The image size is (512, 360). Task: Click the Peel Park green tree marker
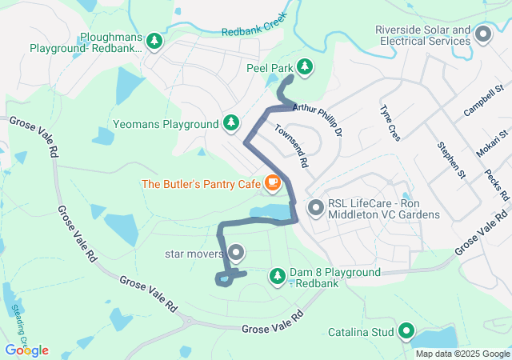coord(304,66)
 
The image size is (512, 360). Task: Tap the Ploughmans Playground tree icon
coord(154,41)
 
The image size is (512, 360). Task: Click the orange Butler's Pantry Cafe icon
coord(272,183)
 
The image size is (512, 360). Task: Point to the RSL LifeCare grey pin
coord(316,208)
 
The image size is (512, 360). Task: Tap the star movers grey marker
coord(236,254)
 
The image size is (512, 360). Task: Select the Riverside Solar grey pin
coord(483,34)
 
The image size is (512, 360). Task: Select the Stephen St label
coord(451,159)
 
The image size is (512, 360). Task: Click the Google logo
coord(26,350)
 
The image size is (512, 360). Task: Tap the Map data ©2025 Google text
coord(462,354)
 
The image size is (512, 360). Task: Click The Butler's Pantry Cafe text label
coord(201,184)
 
